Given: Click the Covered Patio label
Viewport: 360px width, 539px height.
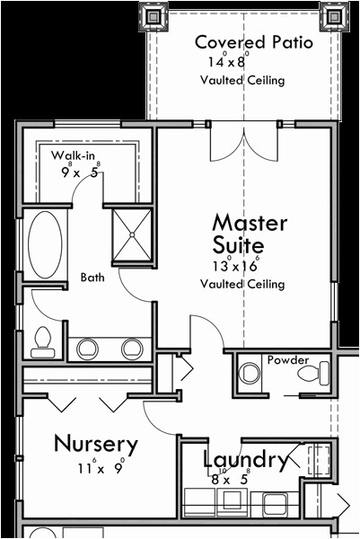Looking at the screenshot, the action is (254, 42).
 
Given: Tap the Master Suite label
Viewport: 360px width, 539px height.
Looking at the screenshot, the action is (250, 234).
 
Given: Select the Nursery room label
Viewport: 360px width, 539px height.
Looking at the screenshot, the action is (96, 444).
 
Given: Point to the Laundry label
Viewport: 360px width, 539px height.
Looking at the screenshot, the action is (245, 460).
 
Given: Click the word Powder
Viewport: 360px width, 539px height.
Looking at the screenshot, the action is (288, 360).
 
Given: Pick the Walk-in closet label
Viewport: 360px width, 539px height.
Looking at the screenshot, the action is (73, 155).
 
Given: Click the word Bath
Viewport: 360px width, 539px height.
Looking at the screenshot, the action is (92, 277).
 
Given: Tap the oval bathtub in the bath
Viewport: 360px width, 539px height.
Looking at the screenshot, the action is (45, 244).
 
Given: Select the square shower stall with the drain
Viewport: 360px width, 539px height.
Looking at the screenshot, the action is (132, 234).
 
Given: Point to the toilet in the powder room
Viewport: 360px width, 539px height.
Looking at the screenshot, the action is (313, 374).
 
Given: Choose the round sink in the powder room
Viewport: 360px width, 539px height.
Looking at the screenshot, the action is (250, 373).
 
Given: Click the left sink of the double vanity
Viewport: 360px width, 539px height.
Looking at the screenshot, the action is (87, 349).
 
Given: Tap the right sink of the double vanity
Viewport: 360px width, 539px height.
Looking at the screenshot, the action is (132, 349).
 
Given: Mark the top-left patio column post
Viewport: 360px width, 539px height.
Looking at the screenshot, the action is (154, 16).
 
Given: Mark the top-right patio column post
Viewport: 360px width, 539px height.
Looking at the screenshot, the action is (334, 16).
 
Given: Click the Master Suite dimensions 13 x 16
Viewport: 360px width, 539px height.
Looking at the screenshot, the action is (235, 265).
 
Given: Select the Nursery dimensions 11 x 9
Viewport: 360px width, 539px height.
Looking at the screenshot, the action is (101, 467).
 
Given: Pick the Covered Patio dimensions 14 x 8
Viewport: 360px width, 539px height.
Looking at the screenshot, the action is (228, 60).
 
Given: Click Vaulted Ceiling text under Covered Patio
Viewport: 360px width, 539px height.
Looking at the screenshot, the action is (242, 81).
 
